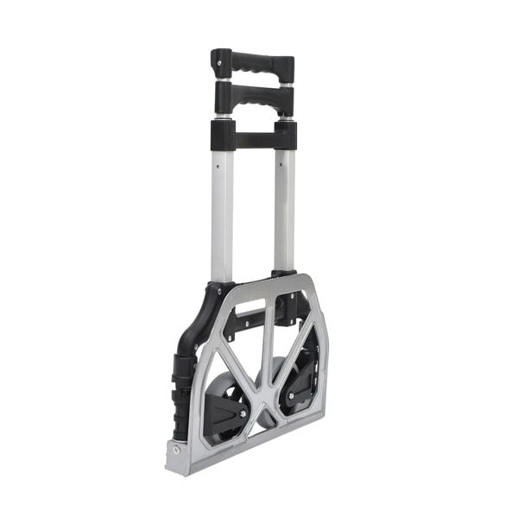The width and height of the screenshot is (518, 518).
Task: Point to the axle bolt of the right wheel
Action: (x=291, y=396)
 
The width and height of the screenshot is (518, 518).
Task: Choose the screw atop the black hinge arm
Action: (x=218, y=293)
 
